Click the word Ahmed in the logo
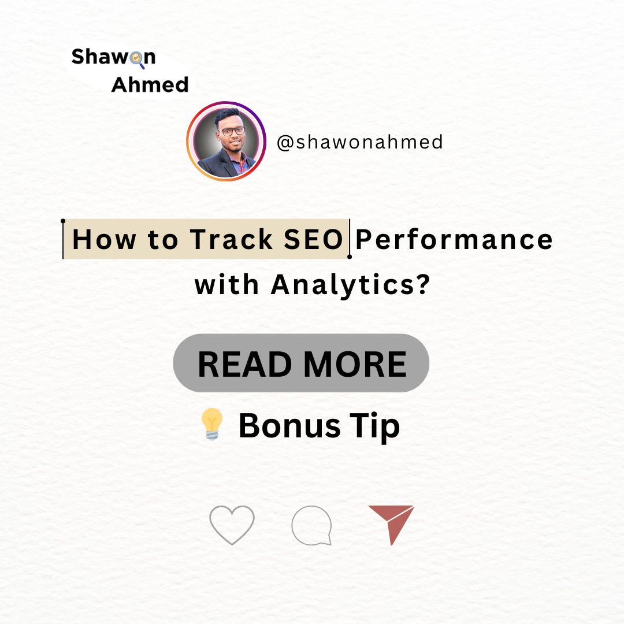150,85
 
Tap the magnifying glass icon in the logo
136,58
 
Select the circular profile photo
226,141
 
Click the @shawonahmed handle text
359,142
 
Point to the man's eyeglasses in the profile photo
232,131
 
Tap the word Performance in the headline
454,239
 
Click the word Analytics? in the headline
350,284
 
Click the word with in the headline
227,284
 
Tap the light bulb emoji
213,425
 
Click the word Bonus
289,426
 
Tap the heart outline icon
232,523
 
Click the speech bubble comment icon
312,525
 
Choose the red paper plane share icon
393,522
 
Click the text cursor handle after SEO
350,255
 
